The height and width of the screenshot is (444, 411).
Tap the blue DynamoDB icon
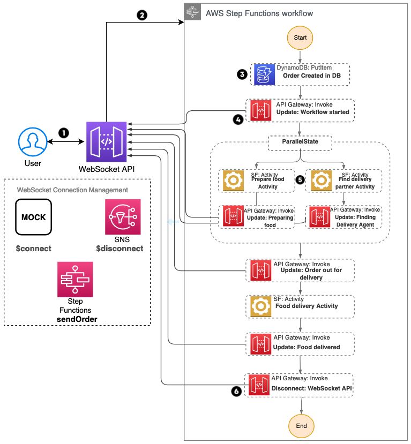(x=264, y=74)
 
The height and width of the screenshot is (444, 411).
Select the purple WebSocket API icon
(x=107, y=141)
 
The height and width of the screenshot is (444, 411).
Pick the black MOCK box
(x=33, y=217)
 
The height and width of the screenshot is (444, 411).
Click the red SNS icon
(x=123, y=217)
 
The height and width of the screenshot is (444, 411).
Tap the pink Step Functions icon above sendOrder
(x=75, y=279)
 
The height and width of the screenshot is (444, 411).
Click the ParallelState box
(x=300, y=143)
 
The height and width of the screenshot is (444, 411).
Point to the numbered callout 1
(x=64, y=132)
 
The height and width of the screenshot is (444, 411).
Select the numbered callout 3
(x=242, y=74)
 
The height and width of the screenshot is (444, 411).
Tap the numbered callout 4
(x=237, y=120)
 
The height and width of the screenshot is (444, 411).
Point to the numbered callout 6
(x=236, y=392)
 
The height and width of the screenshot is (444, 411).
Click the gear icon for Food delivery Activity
(x=261, y=306)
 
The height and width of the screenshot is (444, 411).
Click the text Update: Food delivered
(x=307, y=347)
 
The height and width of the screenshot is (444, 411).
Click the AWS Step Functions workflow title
(x=259, y=12)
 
